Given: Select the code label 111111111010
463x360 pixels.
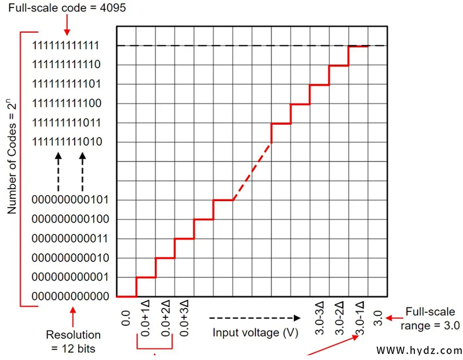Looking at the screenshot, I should [x=68, y=142].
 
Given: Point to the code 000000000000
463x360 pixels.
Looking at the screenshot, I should [x=71, y=296].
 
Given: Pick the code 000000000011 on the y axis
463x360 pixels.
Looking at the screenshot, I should [x=71, y=238].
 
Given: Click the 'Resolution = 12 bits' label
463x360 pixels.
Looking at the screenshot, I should [x=73, y=340].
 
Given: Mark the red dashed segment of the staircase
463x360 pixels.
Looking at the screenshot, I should [x=252, y=171].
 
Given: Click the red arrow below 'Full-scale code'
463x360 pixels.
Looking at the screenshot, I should [x=68, y=25].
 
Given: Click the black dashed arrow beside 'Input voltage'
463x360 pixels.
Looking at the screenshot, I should [x=255, y=318].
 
